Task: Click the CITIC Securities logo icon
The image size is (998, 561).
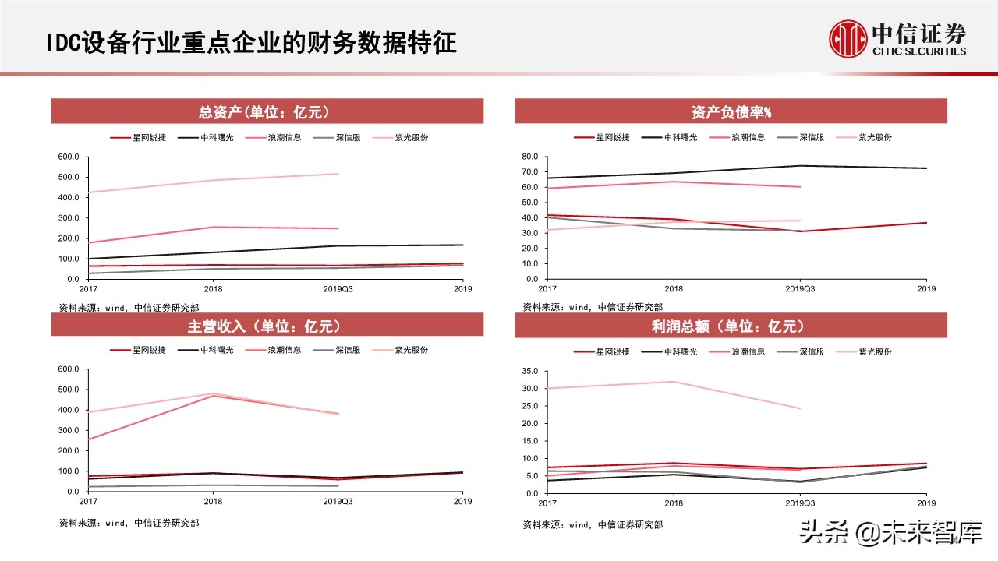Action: pos(848,39)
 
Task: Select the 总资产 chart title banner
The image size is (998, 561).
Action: pos(267,112)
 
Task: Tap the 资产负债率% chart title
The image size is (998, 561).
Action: pos(731,112)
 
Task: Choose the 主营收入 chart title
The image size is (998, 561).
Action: pos(267,326)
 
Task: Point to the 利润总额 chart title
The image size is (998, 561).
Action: pos(731,326)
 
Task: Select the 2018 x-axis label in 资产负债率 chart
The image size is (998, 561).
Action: pos(674,289)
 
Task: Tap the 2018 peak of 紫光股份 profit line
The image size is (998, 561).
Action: pos(674,382)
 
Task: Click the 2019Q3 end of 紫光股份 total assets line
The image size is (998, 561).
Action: pos(338,174)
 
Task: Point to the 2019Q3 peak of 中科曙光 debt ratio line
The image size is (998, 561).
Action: pos(801,165)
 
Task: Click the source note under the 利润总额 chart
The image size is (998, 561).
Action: pos(593,525)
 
